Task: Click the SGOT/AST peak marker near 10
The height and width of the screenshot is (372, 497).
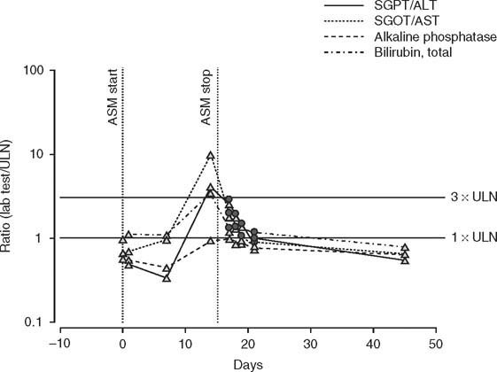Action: (210, 155)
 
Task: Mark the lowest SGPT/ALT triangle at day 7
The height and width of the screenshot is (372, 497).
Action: (167, 278)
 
